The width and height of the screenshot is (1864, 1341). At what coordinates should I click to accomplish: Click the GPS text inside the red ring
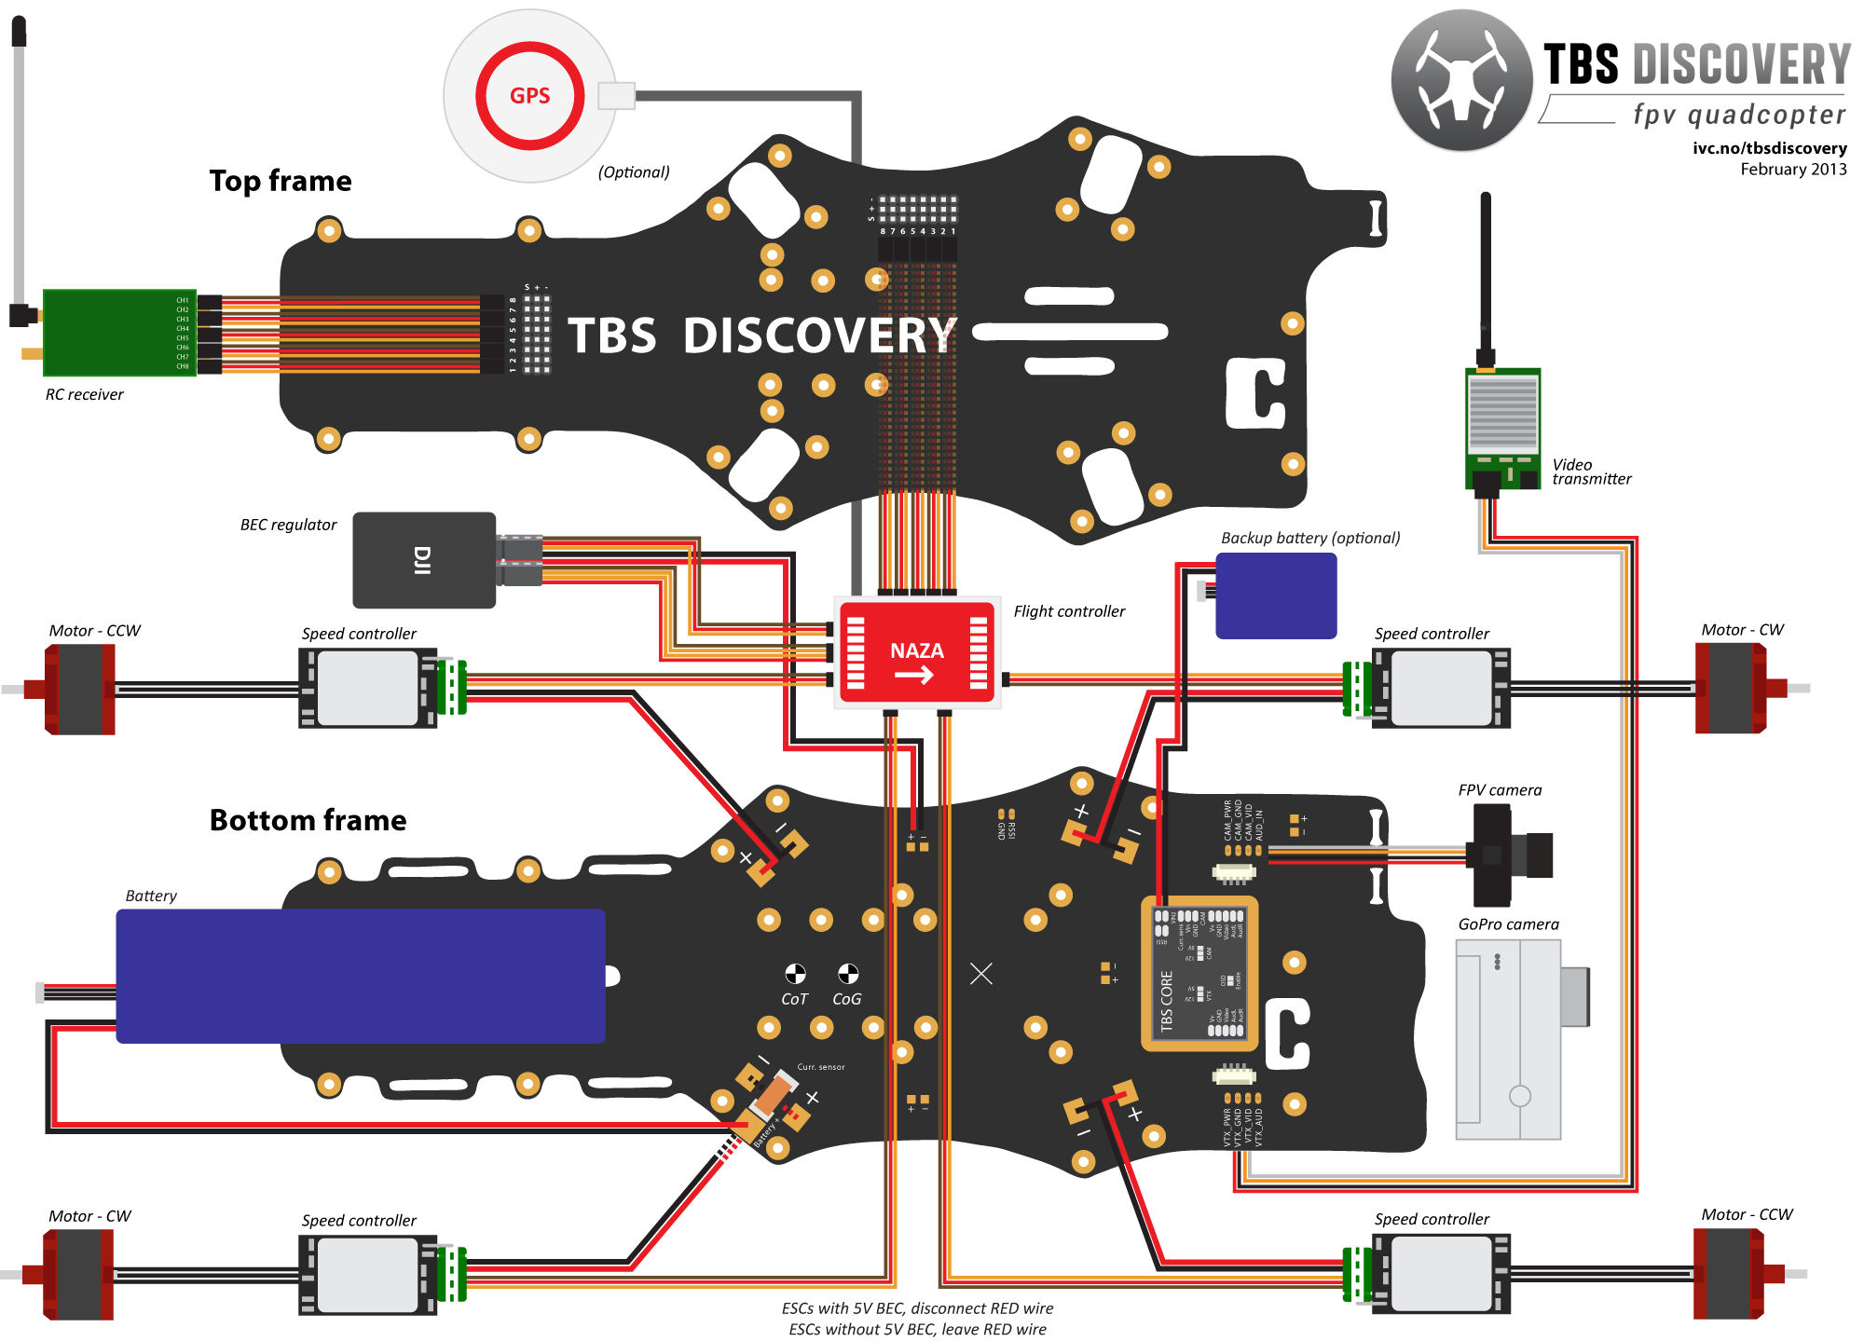point(529,95)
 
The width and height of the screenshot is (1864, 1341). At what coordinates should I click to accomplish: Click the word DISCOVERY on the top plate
point(819,335)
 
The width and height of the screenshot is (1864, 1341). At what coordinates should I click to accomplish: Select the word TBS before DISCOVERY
point(612,335)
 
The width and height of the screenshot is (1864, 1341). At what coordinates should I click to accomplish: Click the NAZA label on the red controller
point(916,650)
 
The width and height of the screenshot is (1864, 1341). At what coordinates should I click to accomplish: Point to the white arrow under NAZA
point(914,675)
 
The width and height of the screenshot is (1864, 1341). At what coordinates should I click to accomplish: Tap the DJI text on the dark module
point(422,560)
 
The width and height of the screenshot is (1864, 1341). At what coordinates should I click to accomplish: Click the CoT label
point(794,999)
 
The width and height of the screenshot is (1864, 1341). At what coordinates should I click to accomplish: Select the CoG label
point(846,999)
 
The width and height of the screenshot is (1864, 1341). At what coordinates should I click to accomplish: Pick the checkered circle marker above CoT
point(795,974)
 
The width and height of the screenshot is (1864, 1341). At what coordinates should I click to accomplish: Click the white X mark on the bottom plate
point(980,974)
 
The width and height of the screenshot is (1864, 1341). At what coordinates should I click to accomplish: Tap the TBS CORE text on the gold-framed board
point(1166,1001)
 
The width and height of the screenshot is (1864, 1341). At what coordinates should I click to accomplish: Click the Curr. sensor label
point(820,1067)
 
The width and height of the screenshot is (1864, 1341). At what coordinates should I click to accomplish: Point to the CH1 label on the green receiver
point(183,300)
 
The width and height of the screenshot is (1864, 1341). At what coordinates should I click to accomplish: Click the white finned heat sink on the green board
point(1502,414)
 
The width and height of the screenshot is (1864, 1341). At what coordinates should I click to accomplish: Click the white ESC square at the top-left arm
point(367,688)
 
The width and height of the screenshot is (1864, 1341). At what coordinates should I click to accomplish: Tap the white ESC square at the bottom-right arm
point(1440,1274)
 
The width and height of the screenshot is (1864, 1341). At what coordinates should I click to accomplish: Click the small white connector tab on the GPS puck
point(616,96)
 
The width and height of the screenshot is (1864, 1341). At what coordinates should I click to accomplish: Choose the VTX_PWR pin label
point(1227,1127)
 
